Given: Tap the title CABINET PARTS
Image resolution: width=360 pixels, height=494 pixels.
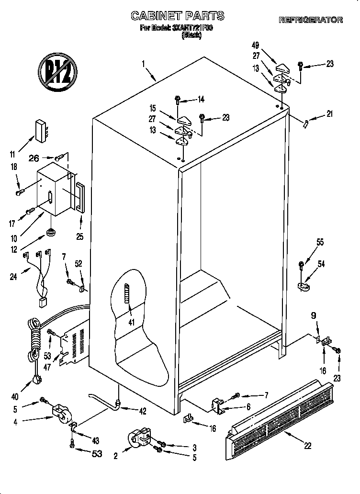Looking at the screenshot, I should click(x=178, y=16).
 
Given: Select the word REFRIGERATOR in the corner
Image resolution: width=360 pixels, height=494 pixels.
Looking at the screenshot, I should click(x=311, y=20).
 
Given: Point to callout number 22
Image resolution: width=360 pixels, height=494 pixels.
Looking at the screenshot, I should click(x=307, y=445).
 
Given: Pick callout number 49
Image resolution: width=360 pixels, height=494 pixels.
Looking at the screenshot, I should click(x=256, y=45).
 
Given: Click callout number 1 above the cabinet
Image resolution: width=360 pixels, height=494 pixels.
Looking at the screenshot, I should click(x=143, y=63).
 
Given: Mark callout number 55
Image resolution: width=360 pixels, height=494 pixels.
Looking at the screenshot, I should click(x=320, y=243).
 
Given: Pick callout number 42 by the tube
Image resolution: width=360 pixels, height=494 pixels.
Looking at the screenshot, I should click(x=142, y=411).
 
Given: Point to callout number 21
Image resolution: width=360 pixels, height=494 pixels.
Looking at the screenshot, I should click(x=329, y=114).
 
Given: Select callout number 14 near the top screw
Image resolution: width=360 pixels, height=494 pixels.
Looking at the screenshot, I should click(x=201, y=100).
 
